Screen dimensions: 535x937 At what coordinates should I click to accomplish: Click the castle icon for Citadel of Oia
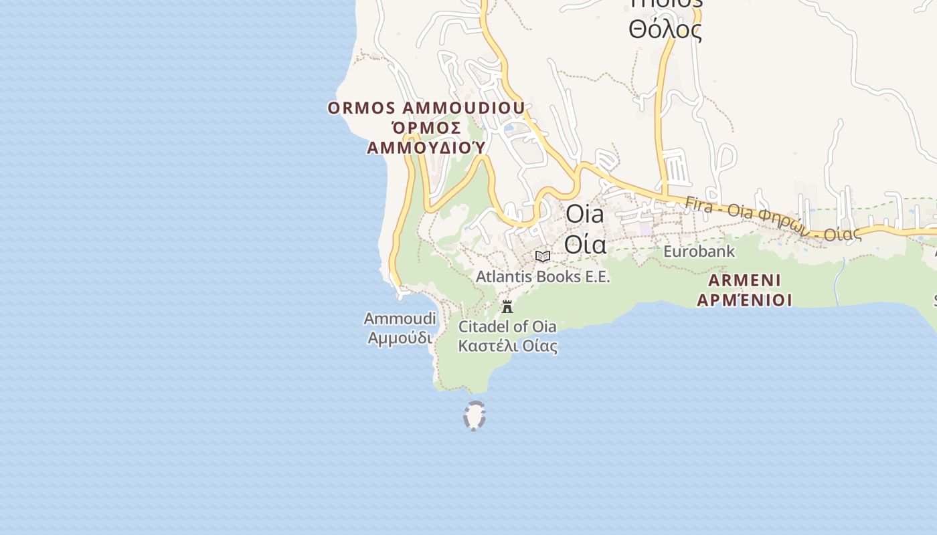(x=507, y=307)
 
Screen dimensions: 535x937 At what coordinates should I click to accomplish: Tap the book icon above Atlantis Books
(x=543, y=256)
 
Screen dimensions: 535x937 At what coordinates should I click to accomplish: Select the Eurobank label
(x=699, y=251)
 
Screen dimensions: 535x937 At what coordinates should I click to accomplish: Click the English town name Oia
(x=585, y=214)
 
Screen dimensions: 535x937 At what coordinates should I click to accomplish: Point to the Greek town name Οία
(x=585, y=243)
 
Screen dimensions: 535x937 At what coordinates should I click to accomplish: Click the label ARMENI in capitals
(x=744, y=280)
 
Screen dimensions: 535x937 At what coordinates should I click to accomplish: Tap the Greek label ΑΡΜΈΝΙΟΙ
(x=744, y=300)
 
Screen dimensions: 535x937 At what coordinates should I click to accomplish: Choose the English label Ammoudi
(x=400, y=318)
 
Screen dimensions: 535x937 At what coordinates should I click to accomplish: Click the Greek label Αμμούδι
(x=400, y=338)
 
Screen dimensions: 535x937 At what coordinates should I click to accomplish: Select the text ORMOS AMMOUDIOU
(x=426, y=108)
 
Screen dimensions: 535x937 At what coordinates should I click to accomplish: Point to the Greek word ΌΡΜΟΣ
(x=426, y=128)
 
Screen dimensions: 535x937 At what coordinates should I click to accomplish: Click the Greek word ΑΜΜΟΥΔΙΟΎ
(x=426, y=147)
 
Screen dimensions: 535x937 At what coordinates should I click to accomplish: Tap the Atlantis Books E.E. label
(x=543, y=276)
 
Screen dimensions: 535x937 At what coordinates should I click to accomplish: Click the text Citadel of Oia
(x=507, y=326)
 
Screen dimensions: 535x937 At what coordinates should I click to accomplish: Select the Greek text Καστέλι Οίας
(x=507, y=346)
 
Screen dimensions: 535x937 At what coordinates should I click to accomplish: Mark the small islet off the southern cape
(x=474, y=415)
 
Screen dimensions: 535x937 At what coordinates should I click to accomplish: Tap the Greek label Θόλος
(x=665, y=29)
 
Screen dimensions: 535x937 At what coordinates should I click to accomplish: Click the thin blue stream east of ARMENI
(x=838, y=281)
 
